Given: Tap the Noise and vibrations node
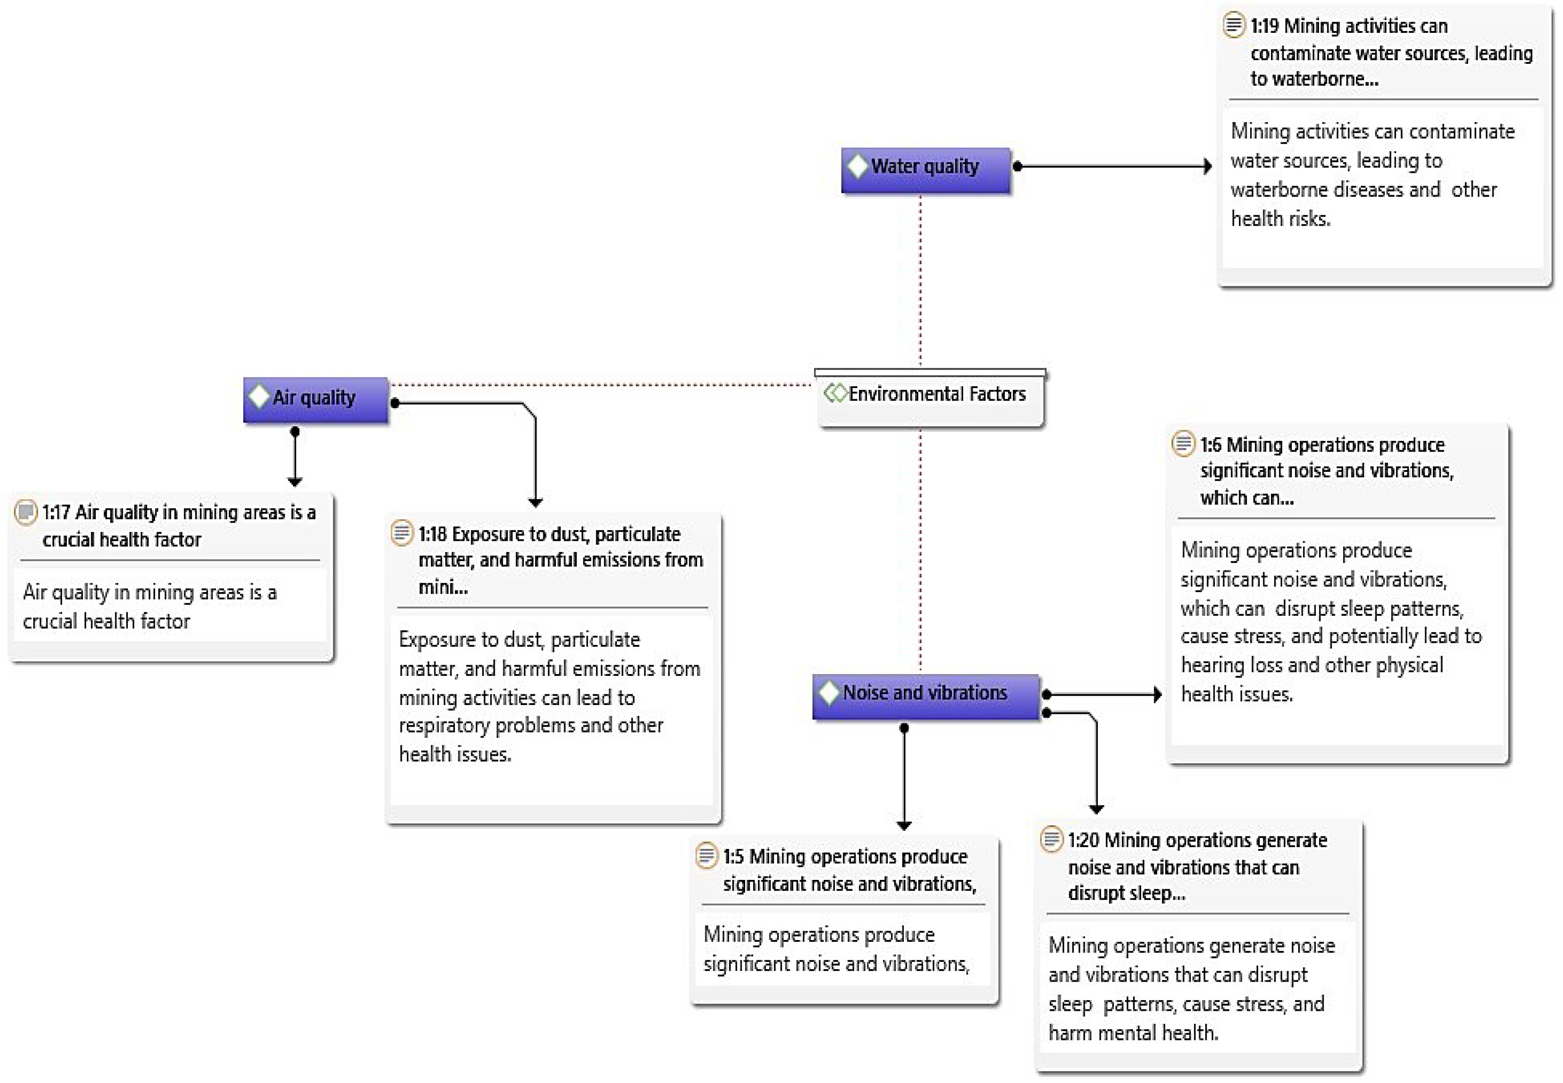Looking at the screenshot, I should [925, 695].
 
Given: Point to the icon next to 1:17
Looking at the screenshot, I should [25, 512].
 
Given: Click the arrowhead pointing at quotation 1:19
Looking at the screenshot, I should [1208, 166].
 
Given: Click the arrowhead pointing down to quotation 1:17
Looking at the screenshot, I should [294, 481].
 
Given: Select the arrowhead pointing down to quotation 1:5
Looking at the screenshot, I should [904, 825].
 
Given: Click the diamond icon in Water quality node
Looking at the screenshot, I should [858, 166].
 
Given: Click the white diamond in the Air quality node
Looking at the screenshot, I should [259, 396].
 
